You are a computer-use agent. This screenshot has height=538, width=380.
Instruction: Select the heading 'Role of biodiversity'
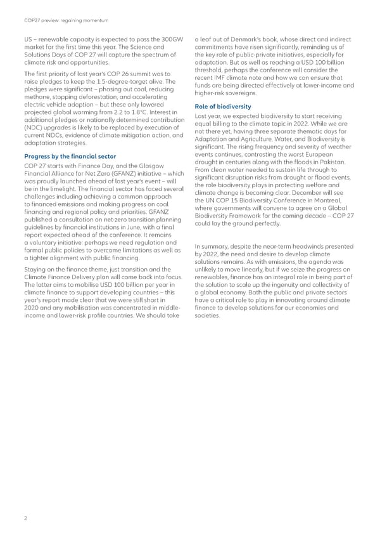[223, 106]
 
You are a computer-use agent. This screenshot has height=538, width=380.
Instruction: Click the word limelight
[60, 189]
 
